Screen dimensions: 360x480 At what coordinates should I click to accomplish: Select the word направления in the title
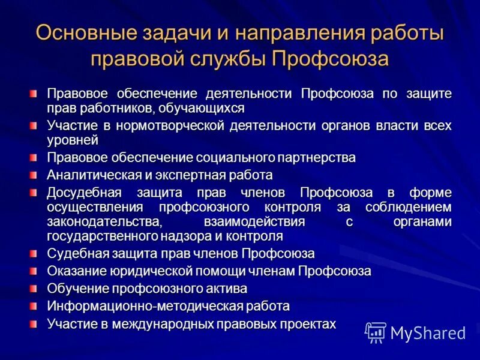(x=283, y=33)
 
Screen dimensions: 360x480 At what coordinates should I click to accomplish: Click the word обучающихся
(x=204, y=108)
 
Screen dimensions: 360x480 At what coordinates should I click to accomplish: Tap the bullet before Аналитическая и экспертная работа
(x=34, y=175)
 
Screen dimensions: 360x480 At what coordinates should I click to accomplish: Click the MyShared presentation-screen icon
(x=376, y=332)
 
